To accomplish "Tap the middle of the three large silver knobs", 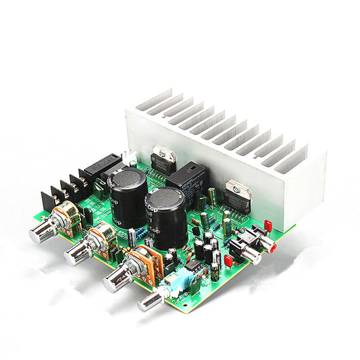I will [77, 253].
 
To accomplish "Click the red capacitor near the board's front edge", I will [228, 261].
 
